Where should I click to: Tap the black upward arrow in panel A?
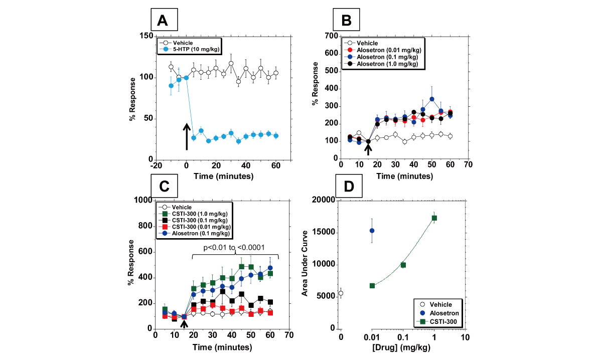point(187,136)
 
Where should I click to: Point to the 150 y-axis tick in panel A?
point(146,36)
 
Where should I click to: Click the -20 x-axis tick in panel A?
point(156,166)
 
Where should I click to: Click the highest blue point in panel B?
point(431,99)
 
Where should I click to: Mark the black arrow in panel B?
point(368,148)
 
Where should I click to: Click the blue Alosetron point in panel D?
point(372,231)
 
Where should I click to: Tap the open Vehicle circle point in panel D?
point(341,293)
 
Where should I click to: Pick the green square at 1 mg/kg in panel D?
point(434,218)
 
